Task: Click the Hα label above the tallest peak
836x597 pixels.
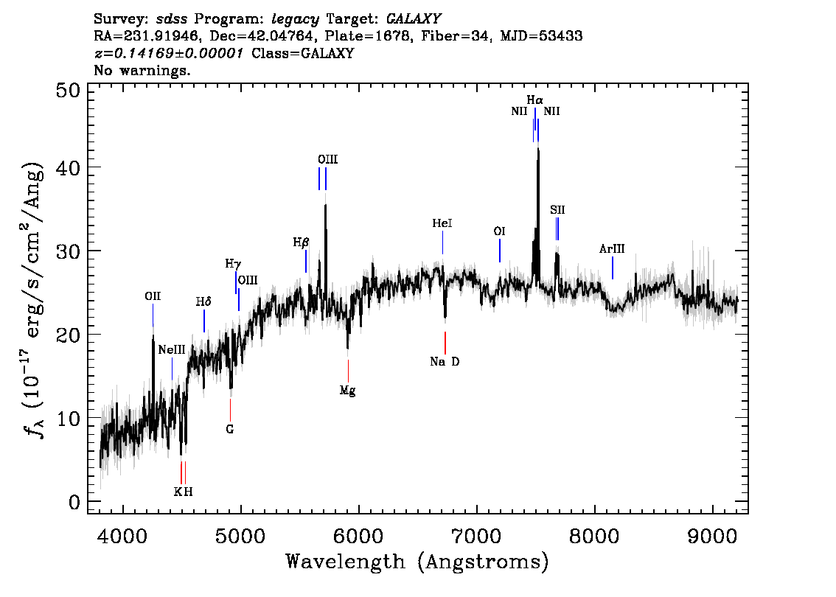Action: [534, 99]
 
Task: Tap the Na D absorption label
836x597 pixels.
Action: [445, 361]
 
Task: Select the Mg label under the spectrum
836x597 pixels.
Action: [347, 391]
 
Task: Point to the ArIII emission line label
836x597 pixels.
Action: [612, 250]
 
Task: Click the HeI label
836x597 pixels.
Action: [442, 223]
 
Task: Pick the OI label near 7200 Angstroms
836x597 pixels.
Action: [499, 231]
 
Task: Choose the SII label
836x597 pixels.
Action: [557, 210]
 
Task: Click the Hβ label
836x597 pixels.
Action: [301, 242]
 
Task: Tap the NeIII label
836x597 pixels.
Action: [172, 350]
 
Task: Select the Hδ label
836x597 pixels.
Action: [203, 301]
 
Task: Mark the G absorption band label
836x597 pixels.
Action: [230, 429]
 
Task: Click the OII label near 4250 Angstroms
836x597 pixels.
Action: [153, 296]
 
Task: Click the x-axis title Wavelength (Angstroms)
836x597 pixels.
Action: [417, 562]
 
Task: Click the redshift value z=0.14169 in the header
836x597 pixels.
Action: [168, 54]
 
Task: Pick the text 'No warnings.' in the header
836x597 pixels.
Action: [142, 71]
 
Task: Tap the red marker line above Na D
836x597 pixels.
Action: [445, 343]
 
